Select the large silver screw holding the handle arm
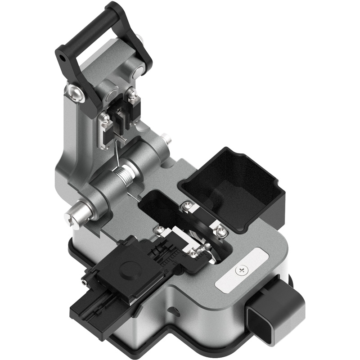pos(75,93)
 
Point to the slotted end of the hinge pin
pos(72,217)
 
